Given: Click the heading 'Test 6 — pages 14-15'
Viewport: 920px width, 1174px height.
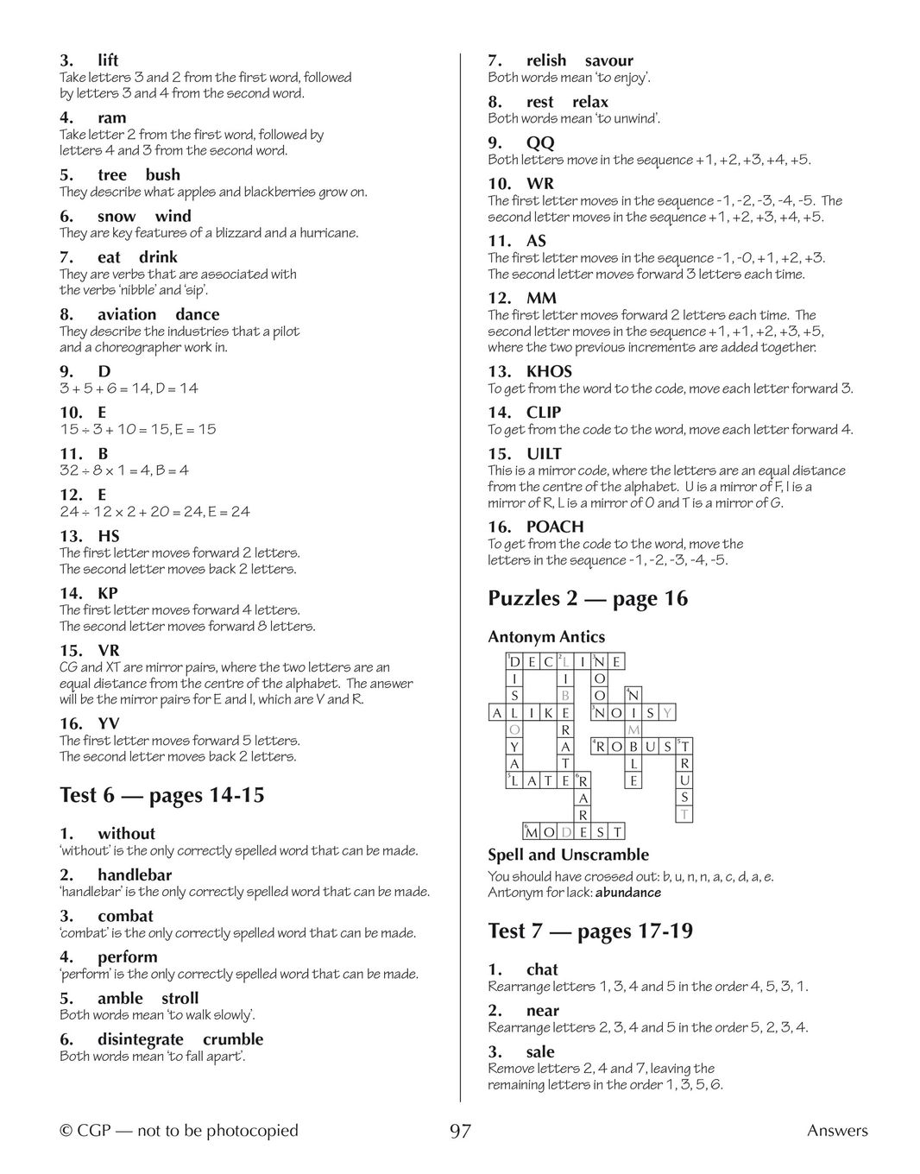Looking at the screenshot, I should click(161, 795).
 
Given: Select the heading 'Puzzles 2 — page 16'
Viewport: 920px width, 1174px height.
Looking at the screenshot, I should click(588, 598).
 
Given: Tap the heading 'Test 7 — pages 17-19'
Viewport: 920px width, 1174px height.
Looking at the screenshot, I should click(590, 931).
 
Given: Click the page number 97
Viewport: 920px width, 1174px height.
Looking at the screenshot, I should click(460, 1131).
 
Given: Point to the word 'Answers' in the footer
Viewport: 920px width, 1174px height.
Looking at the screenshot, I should click(837, 1131).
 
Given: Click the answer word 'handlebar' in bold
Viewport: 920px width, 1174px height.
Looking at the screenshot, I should click(135, 875).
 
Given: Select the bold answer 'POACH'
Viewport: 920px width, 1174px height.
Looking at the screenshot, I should click(555, 527).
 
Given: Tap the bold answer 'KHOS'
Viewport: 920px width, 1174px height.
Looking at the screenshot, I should click(549, 371).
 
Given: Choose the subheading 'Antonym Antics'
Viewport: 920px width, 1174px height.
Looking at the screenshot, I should click(546, 637).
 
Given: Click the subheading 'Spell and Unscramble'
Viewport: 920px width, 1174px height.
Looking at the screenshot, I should click(568, 855).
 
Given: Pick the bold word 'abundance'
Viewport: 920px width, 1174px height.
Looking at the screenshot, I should click(628, 893).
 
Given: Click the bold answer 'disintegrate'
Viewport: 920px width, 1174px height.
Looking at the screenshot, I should click(140, 1039).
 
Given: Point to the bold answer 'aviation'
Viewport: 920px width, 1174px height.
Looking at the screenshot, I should click(127, 314).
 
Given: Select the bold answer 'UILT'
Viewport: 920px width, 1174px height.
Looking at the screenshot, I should click(544, 453).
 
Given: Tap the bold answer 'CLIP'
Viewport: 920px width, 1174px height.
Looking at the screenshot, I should click(544, 413).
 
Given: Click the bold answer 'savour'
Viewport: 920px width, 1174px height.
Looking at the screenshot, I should click(608, 60).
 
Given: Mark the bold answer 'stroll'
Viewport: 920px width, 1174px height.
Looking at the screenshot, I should click(180, 999).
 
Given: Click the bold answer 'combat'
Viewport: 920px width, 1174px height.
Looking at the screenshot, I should click(125, 916).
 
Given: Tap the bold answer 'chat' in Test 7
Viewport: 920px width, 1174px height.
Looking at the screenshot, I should click(542, 969).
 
